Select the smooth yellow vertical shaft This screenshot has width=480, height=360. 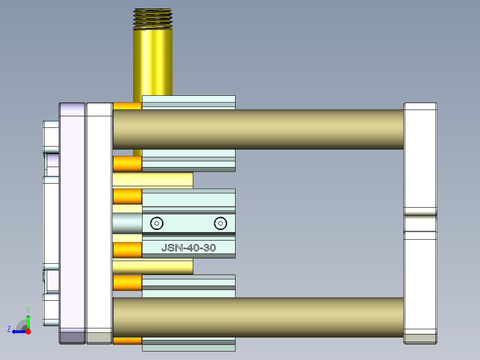pyautogui.click(x=153, y=62)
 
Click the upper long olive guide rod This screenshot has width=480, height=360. pyautogui.click(x=258, y=129)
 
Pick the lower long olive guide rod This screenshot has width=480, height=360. pyautogui.click(x=258, y=317)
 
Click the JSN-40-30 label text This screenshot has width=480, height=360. pyautogui.click(x=188, y=248)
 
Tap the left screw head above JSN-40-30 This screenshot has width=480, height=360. pyautogui.click(x=156, y=223)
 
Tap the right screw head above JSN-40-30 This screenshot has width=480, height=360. pyautogui.click(x=220, y=223)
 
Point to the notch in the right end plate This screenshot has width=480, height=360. pyautogui.click(x=420, y=223)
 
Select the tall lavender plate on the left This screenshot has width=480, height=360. pyautogui.click(x=72, y=223)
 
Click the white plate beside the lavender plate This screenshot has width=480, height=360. pyautogui.click(x=99, y=223)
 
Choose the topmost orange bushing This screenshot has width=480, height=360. pyautogui.click(x=127, y=106)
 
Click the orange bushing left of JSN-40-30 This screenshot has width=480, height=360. pyautogui.click(x=127, y=250)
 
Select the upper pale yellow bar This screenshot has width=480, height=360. pyautogui.click(x=152, y=180)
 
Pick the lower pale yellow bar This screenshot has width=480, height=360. pyautogui.click(x=152, y=267)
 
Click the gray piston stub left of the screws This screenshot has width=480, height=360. pyautogui.click(x=127, y=223)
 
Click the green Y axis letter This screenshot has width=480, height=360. pyautogui.click(x=28, y=309)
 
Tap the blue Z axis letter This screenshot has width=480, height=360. pyautogui.click(x=9, y=329)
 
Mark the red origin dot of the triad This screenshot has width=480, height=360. pyautogui.click(x=28, y=331)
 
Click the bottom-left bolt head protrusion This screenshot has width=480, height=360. pyautogui.click(x=51, y=310)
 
